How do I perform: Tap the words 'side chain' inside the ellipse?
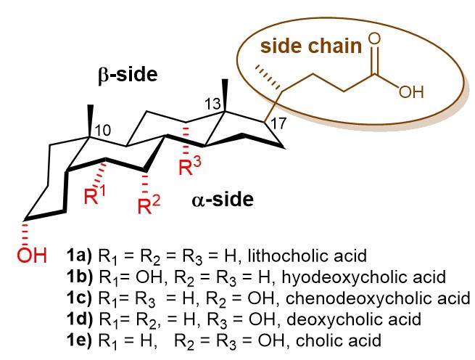click(310, 47)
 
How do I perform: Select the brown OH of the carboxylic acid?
click(410, 93)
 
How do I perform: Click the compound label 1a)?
click(80, 255)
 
